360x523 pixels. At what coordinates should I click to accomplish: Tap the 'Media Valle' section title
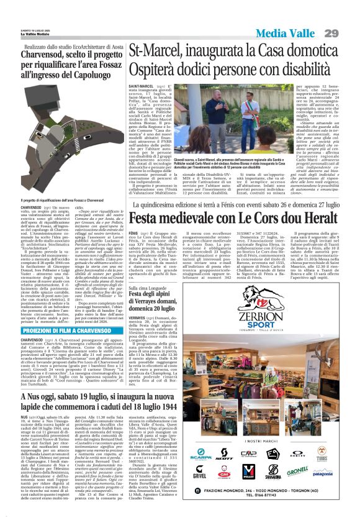pyautogui.click(x=290, y=32)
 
